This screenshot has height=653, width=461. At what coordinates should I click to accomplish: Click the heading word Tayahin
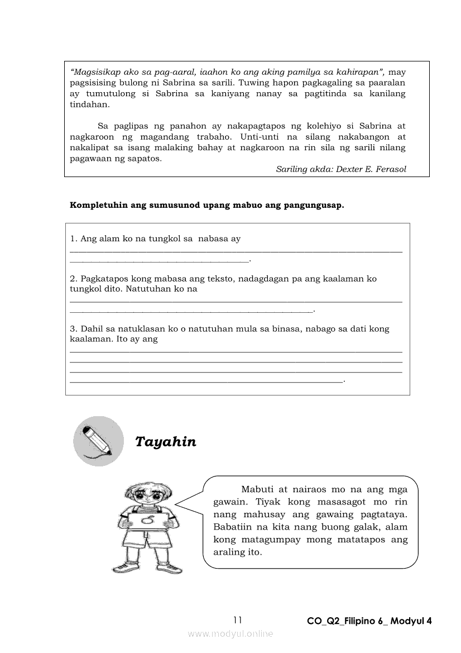166,442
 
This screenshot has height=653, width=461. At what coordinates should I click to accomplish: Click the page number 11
238,619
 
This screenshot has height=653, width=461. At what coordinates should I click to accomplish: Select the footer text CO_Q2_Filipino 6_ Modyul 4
369,621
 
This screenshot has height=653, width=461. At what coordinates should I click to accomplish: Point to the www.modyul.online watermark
231,633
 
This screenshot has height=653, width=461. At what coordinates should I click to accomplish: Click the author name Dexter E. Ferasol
371,169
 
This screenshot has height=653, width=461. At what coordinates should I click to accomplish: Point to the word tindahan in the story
89,104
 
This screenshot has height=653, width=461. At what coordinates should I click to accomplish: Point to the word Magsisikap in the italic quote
97,72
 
